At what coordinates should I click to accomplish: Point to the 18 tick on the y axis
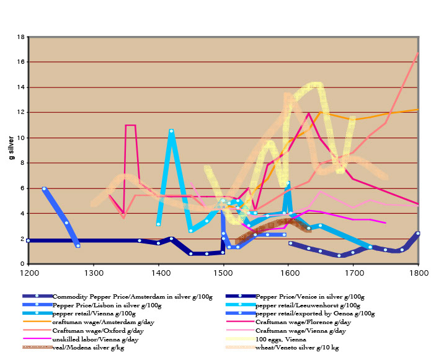point(21,37)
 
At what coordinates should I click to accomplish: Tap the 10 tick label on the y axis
point(21,138)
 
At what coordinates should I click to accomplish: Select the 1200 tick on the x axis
point(29,271)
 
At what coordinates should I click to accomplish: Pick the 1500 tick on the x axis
point(224,271)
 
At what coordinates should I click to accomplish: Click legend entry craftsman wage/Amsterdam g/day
point(93,322)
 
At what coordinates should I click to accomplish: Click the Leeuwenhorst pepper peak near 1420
point(171,131)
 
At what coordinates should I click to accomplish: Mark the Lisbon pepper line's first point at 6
point(44,188)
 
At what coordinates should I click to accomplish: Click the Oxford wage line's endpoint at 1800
point(418,53)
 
